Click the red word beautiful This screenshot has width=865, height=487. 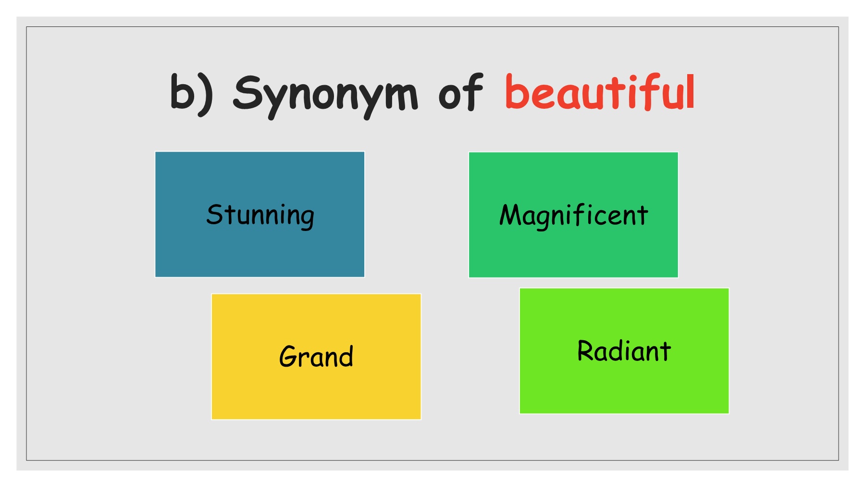coord(600,92)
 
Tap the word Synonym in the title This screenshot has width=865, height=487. coord(325,96)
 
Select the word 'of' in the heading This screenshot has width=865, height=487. coord(460,92)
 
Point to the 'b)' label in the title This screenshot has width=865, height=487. coord(191,94)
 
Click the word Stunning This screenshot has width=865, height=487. coord(260,216)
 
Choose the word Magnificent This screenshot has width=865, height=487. coord(574,216)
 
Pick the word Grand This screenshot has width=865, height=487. coord(316,357)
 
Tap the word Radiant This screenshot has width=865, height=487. coord(624,351)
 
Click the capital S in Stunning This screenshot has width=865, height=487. coord(214,214)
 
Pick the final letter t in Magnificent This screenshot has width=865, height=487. coord(642,215)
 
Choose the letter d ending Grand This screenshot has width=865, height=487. coord(345,356)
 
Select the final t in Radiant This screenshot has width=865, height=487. coord(664,351)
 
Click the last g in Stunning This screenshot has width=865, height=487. coord(306,218)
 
